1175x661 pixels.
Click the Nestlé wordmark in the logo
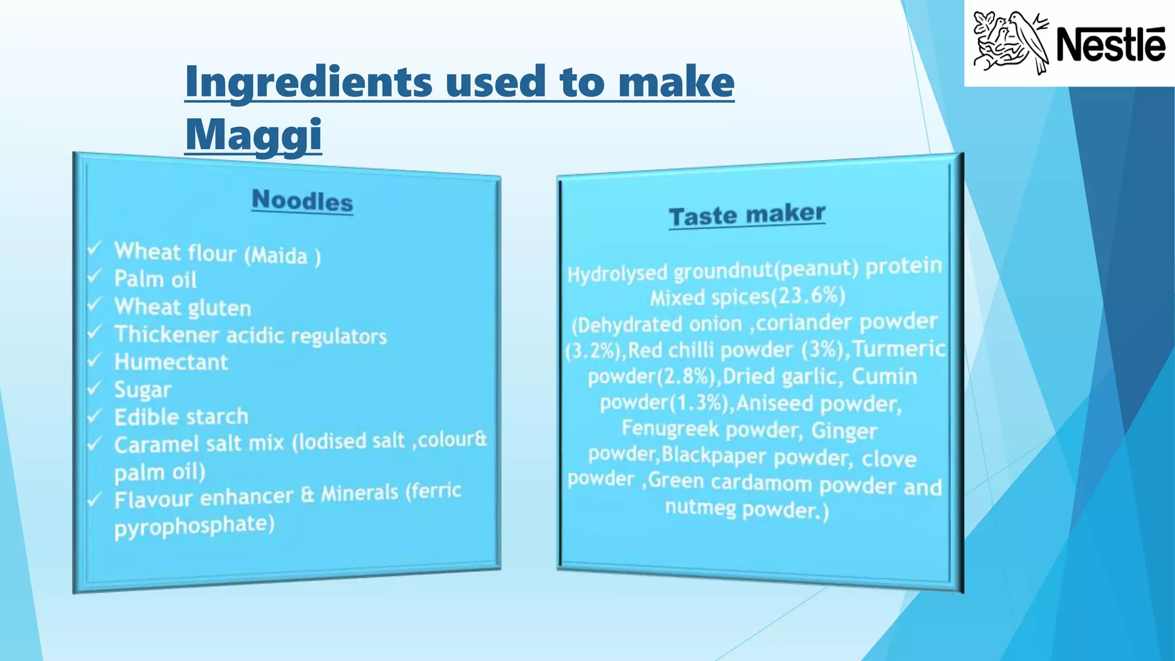[x=1110, y=44]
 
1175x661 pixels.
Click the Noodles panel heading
[x=302, y=200]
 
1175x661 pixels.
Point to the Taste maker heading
[x=747, y=215]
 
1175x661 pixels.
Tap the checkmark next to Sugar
[x=94, y=388]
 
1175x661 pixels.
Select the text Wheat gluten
[x=182, y=308]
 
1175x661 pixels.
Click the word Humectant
[x=171, y=362]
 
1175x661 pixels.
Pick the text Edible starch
[x=181, y=417]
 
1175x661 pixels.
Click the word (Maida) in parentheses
[x=282, y=255]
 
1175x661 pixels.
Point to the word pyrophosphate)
[x=194, y=526]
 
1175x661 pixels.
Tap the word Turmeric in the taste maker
[x=899, y=348]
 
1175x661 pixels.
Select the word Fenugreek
[x=670, y=428]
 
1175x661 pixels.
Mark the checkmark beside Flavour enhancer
[x=94, y=499]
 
